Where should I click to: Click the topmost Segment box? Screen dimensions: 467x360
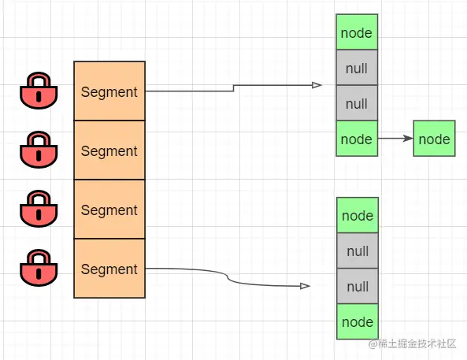[109, 91]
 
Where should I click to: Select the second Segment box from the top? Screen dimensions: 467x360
[109, 150]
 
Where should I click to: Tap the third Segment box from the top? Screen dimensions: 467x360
[109, 209]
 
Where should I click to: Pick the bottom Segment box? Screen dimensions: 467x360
[109, 268]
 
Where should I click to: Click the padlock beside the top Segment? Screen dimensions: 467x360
[39, 91]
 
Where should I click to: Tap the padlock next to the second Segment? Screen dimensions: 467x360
[39, 150]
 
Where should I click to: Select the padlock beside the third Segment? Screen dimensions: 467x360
[39, 209]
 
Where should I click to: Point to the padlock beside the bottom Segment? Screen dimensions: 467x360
[39, 268]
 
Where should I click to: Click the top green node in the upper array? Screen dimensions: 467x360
[357, 32]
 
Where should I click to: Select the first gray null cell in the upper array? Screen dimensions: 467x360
[357, 67]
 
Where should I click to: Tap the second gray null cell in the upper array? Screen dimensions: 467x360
[357, 103]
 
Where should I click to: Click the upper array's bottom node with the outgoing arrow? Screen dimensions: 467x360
[357, 139]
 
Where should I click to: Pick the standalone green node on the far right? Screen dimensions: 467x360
[434, 139]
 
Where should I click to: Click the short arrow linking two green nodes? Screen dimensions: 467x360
[395, 139]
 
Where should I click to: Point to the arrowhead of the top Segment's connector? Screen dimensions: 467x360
[317, 85]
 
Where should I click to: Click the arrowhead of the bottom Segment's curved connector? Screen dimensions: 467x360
[306, 286]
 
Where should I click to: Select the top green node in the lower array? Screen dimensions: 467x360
[358, 215]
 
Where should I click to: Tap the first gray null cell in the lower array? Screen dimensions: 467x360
[358, 251]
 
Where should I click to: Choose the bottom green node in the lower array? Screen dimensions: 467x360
[358, 321]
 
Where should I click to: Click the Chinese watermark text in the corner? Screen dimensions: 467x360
[412, 343]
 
